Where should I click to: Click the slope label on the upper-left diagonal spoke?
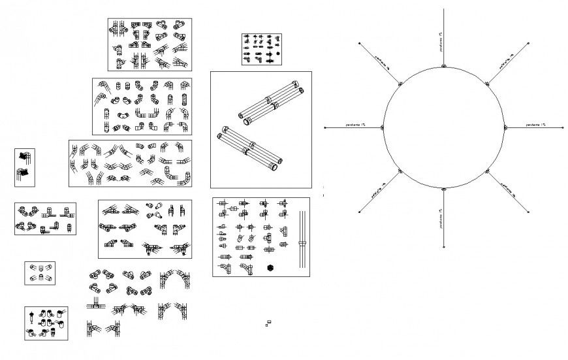379,61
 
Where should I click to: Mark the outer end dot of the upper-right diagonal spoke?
528,43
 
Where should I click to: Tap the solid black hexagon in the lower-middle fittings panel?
270,268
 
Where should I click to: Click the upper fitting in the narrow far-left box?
25,156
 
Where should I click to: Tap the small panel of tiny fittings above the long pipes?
260,50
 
